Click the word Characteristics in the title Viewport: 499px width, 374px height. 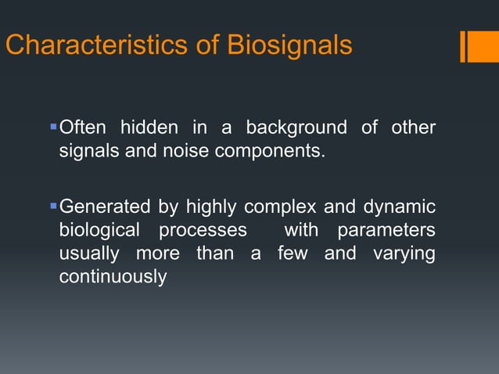coord(92,45)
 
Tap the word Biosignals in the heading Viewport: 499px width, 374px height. coord(289,45)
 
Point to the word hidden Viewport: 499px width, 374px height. coord(149,127)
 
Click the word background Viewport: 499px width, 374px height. coord(296,127)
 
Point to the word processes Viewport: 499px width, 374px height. coord(203,232)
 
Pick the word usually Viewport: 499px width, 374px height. coord(89,254)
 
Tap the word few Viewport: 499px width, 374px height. coord(293,254)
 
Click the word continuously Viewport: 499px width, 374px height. coord(113,278)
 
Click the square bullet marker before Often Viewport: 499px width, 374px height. coord(53,125)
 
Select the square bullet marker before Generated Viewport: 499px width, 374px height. coord(53,206)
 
